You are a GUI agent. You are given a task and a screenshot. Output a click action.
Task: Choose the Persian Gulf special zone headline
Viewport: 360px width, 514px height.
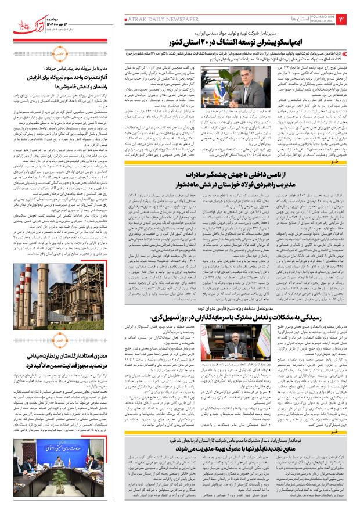(232, 317)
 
